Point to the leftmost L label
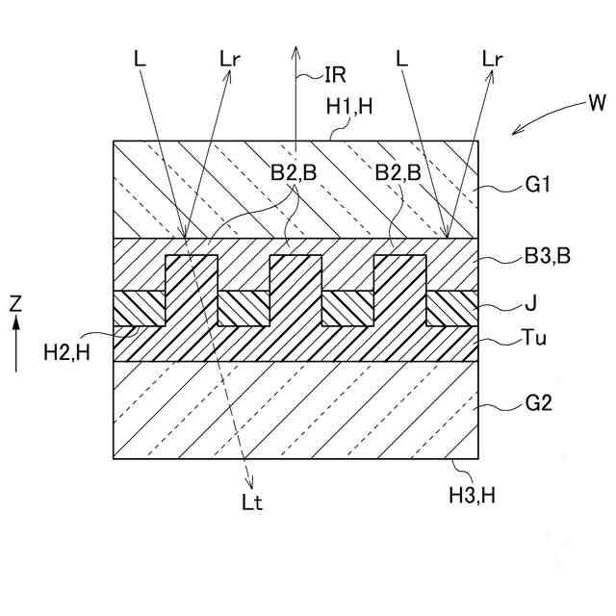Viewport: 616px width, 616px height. pos(141,59)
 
